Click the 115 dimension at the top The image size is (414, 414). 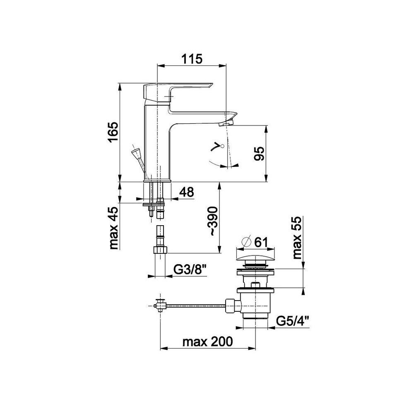[x=192, y=59]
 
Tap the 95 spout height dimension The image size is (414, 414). [x=259, y=154]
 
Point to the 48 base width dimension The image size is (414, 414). [x=187, y=192]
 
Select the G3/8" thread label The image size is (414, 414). [x=190, y=270]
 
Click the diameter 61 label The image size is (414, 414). [x=255, y=242]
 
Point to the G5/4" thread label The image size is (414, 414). [x=293, y=321]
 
